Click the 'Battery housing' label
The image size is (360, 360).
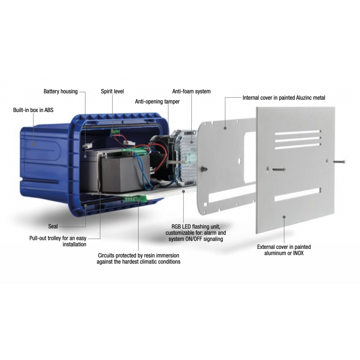(x=61, y=91)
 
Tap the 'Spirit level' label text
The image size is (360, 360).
(x=112, y=91)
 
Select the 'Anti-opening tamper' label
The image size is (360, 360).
(x=157, y=102)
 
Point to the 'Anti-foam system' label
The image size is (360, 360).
(x=191, y=91)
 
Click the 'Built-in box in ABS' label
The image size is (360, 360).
(x=33, y=110)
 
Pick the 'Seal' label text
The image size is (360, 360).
(x=53, y=226)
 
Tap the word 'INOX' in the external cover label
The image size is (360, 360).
(x=298, y=253)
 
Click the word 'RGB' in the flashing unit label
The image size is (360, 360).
(x=176, y=227)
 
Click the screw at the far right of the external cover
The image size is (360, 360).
(x=339, y=162)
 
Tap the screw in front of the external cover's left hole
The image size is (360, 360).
(x=279, y=170)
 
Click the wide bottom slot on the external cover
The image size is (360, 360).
(x=297, y=194)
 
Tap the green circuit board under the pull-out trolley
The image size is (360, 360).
(x=135, y=198)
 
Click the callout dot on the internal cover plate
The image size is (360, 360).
(x=225, y=128)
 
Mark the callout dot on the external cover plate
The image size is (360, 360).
(x=284, y=217)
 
